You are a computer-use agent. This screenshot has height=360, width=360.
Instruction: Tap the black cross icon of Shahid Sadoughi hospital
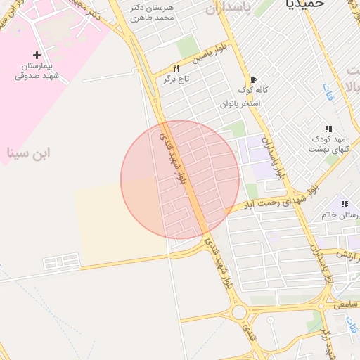tap(37, 55)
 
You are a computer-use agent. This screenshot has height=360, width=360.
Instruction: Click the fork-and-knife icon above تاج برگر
tap(176, 69)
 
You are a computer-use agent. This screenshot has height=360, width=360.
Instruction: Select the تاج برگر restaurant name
tap(176, 79)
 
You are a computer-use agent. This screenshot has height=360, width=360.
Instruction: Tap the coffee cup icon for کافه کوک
tap(253, 80)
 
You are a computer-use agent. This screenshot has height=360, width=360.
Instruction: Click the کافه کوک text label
tap(253, 91)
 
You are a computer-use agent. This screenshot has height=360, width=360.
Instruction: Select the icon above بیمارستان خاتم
tap(345, 204)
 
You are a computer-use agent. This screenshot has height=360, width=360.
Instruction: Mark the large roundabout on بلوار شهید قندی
tap(240, 311)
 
